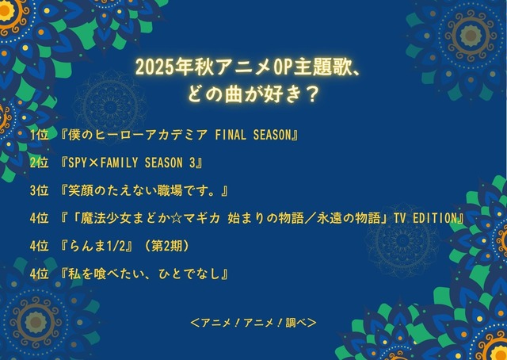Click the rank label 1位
point(38,135)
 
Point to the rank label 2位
point(38,163)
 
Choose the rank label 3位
point(38,190)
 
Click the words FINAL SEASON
point(253,135)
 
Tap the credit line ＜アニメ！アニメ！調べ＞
point(253,323)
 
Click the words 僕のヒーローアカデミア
point(137,135)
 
